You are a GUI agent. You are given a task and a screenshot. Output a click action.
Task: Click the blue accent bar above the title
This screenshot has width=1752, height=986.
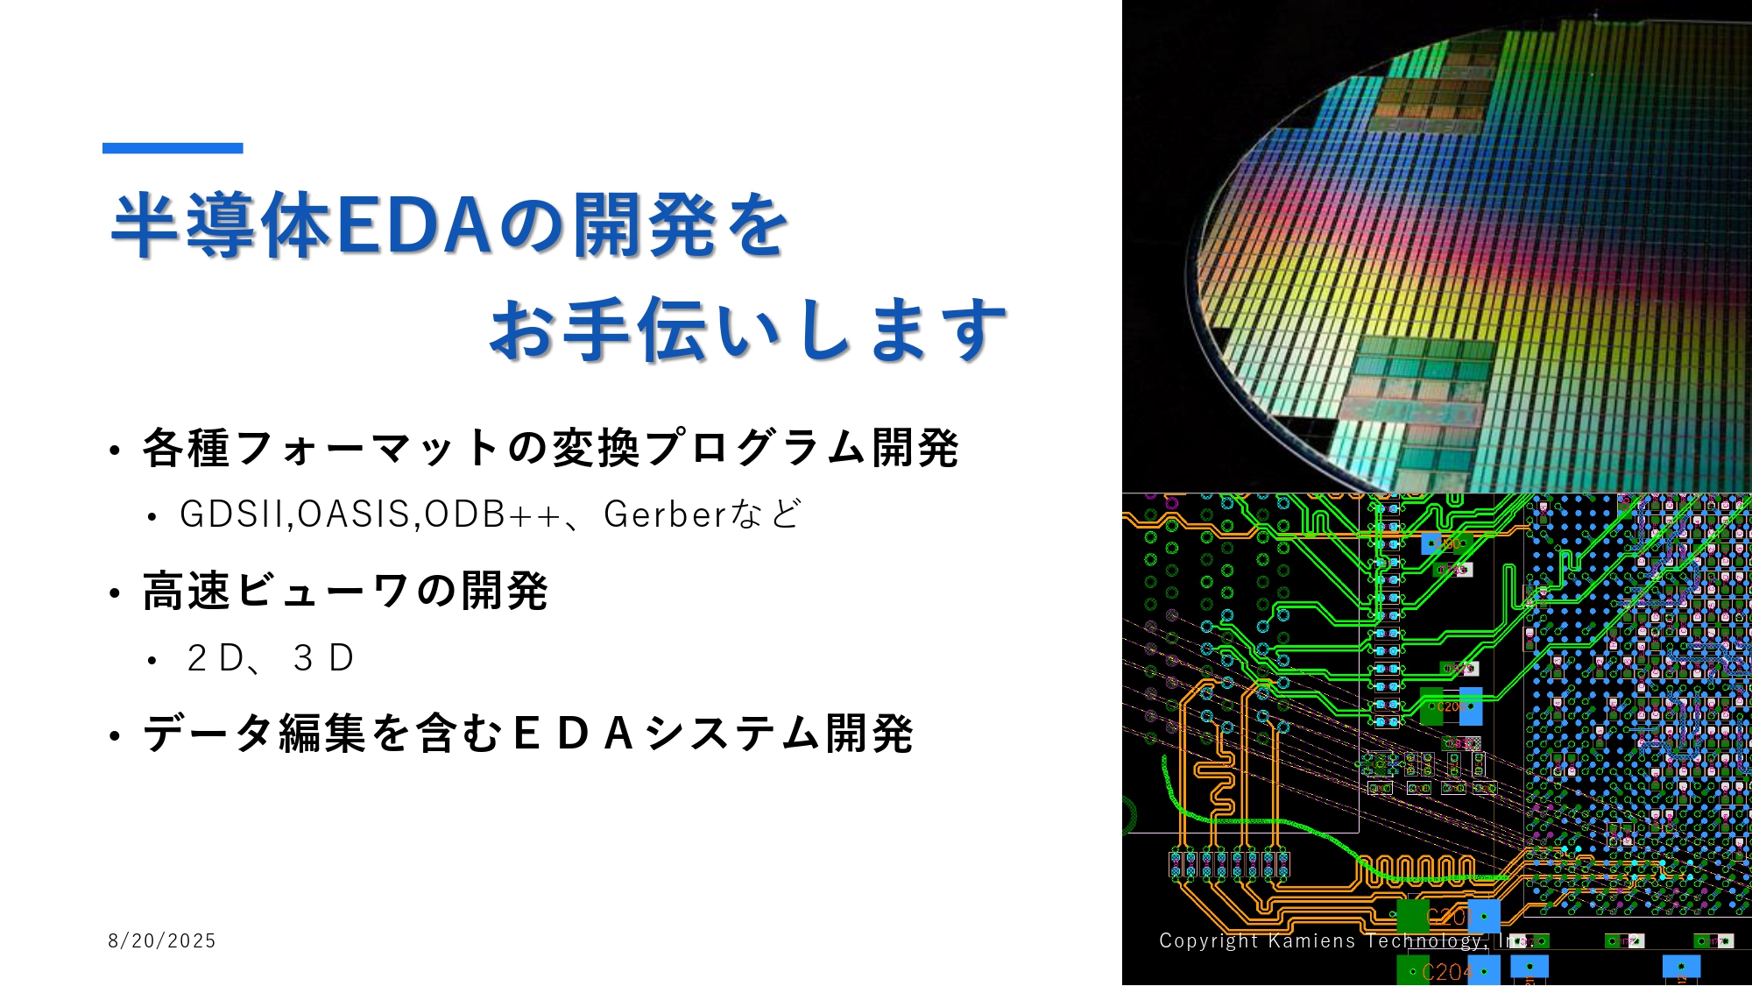coord(173,148)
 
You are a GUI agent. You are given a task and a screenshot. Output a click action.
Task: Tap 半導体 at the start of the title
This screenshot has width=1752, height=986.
coord(220,225)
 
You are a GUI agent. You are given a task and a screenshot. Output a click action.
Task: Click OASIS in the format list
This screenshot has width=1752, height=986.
coord(354,514)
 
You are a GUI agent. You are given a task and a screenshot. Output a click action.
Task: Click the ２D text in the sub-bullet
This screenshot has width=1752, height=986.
coord(215,658)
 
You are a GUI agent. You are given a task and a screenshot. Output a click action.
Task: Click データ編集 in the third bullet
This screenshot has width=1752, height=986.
coord(254,734)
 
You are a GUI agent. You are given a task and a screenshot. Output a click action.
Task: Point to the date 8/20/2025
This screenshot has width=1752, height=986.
coord(162,940)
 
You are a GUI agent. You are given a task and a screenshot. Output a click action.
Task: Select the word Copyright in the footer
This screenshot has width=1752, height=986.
coord(1208,940)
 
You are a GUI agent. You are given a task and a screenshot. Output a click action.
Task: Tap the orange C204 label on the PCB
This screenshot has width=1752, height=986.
coord(1446,972)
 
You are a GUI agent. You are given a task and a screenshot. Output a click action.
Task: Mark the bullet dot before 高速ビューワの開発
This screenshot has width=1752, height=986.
coord(115,593)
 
